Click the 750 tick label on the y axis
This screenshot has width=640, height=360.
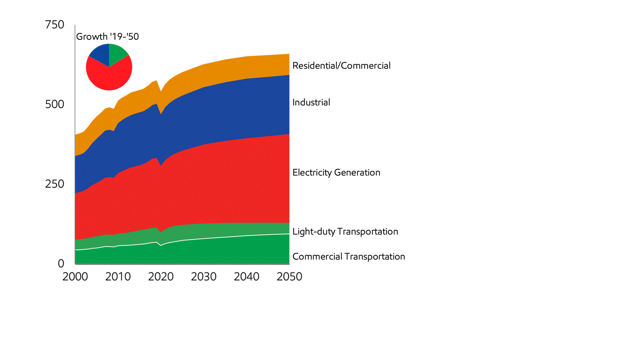(55, 25)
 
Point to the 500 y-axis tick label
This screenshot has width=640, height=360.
(55, 105)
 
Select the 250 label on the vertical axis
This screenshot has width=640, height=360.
(55, 184)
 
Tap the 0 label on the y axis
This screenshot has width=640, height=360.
(61, 264)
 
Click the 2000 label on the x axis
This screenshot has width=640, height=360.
(75, 277)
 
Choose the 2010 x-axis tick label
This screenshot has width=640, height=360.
(118, 277)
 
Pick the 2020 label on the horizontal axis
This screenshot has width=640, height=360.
(161, 277)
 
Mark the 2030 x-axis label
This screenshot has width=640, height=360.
(203, 277)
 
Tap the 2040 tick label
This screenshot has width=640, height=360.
(246, 277)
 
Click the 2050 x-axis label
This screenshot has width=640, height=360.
(289, 277)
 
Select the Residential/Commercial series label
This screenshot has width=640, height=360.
(341, 66)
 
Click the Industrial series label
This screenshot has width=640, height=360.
(311, 102)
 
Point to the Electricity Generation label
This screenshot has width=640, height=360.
(336, 172)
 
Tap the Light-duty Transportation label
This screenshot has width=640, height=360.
(345, 232)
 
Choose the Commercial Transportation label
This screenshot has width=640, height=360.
(348, 257)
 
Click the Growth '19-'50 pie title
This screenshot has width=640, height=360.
(107, 37)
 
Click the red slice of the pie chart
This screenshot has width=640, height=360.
(109, 77)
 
